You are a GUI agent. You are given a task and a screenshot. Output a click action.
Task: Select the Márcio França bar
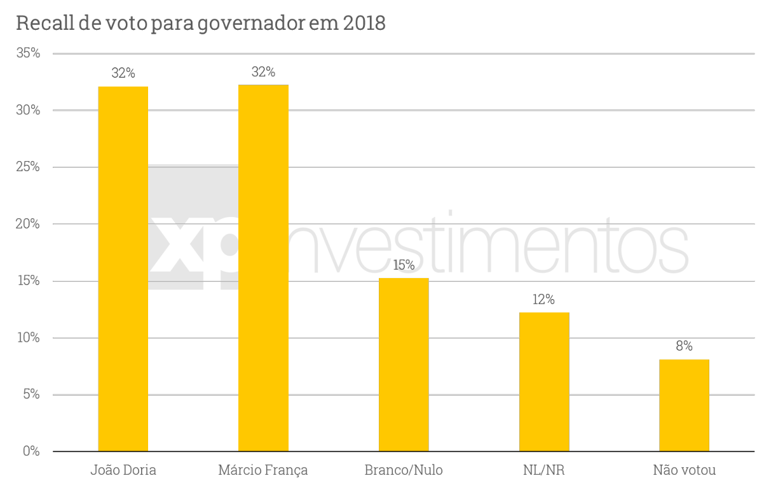coord(263,268)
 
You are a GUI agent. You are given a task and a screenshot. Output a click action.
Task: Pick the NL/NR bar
coord(544,382)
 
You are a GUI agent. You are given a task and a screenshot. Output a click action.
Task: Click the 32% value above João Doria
coord(123,73)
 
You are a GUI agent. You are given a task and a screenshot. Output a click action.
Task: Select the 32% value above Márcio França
coord(263,72)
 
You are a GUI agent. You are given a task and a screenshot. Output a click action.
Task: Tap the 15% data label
coord(404,265)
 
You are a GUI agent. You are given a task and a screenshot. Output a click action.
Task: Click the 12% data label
coord(544,300)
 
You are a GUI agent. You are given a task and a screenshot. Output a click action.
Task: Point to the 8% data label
coord(684,347)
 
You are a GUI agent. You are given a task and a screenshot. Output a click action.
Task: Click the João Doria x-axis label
coord(123,471)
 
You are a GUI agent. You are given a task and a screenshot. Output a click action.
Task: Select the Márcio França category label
coord(263,471)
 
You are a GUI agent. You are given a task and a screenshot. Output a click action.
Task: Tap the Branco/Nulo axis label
coord(404,471)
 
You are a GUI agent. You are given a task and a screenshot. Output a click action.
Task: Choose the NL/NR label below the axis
coord(543,471)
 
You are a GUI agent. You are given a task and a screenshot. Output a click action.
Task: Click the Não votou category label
coord(685,471)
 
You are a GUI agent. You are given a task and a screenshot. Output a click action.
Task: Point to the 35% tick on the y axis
coord(28,53)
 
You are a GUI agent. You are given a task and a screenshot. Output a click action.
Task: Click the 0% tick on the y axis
coord(31,451)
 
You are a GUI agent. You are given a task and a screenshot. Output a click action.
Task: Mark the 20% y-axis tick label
coord(28,224)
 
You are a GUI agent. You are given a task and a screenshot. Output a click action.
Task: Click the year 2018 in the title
coord(364,24)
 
